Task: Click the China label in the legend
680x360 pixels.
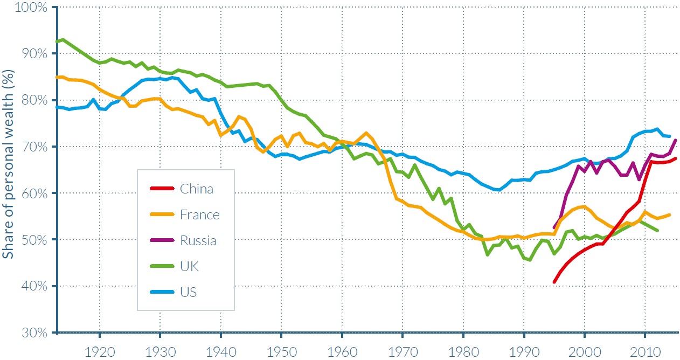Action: [197, 189]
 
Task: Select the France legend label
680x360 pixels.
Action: [200, 214]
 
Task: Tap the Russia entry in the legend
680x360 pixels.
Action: [198, 240]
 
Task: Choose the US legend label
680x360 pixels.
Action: [188, 292]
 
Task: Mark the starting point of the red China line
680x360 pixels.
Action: [554, 282]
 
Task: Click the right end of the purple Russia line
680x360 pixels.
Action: [676, 140]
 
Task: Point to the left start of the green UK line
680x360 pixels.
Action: [57, 41]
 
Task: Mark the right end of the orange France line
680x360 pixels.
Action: [670, 214]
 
